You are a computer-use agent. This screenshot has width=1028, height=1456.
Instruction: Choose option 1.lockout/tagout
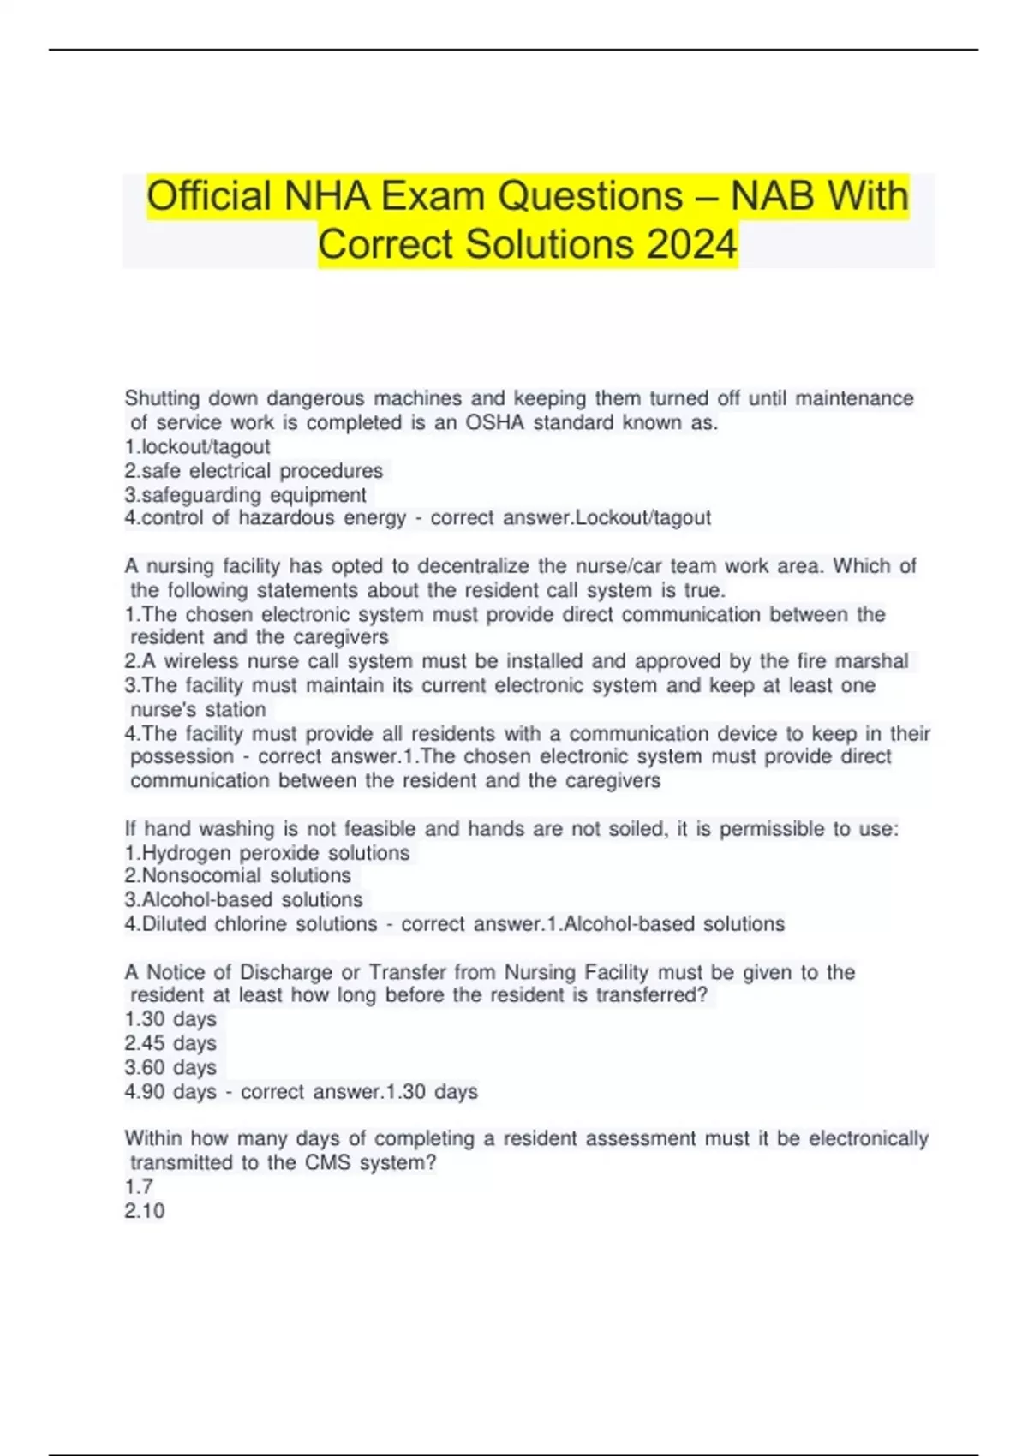pos(197,446)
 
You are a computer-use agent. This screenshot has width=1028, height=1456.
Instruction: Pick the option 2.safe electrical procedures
pos(254,470)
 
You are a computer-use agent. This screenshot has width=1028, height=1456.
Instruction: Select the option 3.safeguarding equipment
pos(245,494)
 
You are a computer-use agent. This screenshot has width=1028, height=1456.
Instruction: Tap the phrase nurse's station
pos(198,709)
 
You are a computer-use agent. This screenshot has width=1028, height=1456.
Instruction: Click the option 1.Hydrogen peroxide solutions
pos(267,853)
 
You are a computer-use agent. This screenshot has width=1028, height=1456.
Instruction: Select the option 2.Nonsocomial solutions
pos(237,875)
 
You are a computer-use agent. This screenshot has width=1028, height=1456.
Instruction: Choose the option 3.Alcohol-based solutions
pos(243,899)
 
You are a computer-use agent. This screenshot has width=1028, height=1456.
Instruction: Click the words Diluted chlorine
pos(216,923)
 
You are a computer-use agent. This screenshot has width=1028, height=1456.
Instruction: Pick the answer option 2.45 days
pos(170,1043)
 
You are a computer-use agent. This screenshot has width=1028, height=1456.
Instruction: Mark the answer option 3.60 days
pos(170,1067)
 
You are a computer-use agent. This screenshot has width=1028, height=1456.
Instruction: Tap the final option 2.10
pos(145,1210)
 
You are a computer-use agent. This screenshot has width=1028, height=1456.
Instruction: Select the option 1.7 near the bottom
pos(139,1186)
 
